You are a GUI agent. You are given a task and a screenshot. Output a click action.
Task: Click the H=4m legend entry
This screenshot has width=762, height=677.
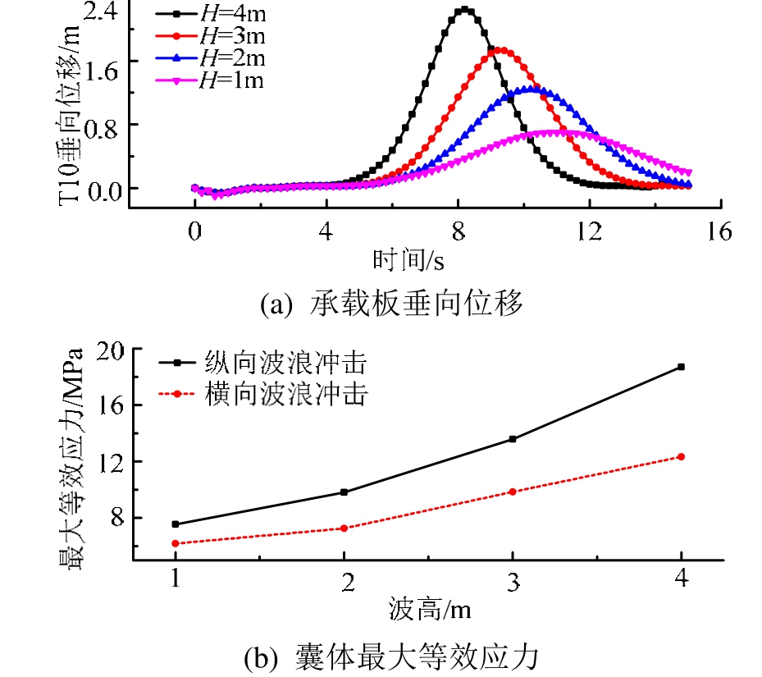pyautogui.click(x=213, y=14)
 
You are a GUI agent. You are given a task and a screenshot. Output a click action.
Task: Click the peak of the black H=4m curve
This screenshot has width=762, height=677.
pyautogui.click(x=465, y=10)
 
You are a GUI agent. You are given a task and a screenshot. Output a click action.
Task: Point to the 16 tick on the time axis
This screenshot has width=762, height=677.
pyautogui.click(x=719, y=233)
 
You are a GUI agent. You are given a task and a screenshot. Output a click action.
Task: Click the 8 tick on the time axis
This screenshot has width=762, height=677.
pyautogui.click(x=457, y=233)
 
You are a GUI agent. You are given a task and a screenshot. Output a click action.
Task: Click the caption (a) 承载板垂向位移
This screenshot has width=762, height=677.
pyautogui.click(x=390, y=304)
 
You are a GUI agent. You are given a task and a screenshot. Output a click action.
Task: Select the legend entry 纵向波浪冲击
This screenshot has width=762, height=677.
pyautogui.click(x=262, y=363)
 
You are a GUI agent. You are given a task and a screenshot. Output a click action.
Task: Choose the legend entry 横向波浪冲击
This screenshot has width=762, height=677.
pyautogui.click(x=262, y=396)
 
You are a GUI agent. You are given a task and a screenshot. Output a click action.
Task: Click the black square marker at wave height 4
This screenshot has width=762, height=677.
pyautogui.click(x=681, y=367)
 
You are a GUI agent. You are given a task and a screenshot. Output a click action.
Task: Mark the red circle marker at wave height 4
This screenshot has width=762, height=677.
pyautogui.click(x=681, y=457)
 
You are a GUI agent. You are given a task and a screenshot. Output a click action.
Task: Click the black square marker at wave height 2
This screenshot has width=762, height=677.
pyautogui.click(x=344, y=492)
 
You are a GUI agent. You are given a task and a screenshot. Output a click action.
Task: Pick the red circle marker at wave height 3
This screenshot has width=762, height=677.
pyautogui.click(x=513, y=492)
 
